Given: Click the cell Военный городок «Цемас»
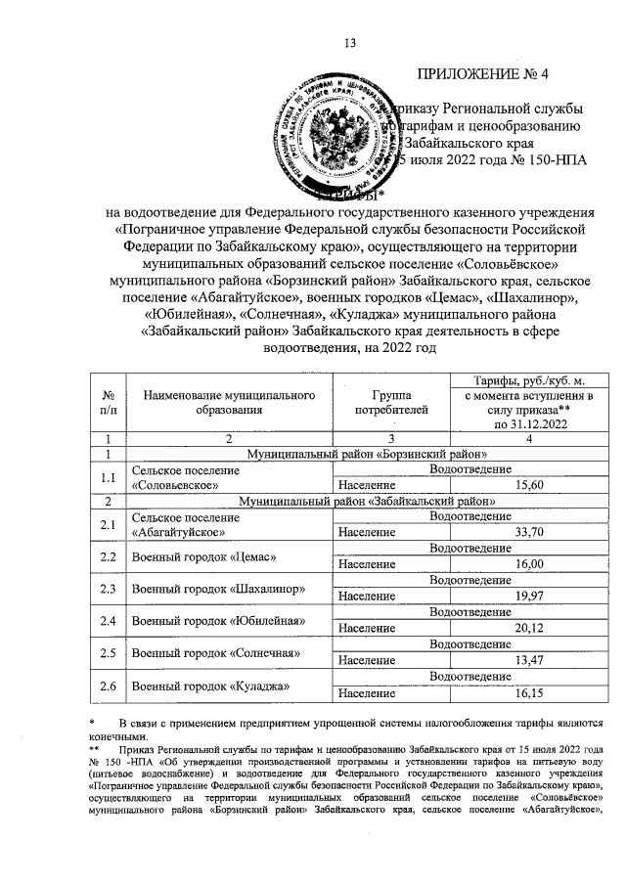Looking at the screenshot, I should pyautogui.click(x=202, y=556).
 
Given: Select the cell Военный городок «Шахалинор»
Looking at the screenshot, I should pyautogui.click(x=218, y=589).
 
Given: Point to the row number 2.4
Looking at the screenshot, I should pyautogui.click(x=108, y=621).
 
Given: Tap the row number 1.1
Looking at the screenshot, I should pyautogui.click(x=108, y=477).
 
